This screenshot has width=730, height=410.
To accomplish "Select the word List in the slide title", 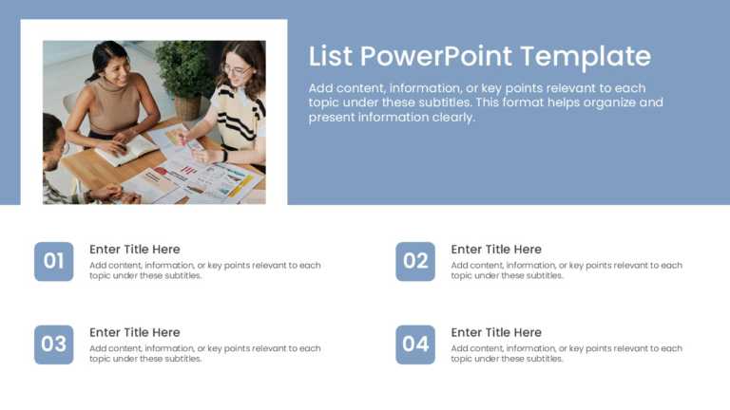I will (x=330, y=56).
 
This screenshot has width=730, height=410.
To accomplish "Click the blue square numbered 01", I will (x=54, y=261).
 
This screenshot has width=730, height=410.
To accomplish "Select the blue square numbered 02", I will (x=415, y=261).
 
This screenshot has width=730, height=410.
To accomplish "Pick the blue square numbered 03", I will (x=54, y=345).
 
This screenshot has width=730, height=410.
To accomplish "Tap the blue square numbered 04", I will (x=415, y=345).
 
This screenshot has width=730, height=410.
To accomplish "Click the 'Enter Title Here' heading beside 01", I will (x=134, y=250).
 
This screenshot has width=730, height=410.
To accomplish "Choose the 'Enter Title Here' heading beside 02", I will (x=496, y=250).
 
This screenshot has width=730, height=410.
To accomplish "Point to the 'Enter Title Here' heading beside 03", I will (x=134, y=332).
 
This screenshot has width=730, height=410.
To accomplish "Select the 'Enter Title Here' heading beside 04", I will (x=496, y=332).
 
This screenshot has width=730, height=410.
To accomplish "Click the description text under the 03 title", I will (x=204, y=353).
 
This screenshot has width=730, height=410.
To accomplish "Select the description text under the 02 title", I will (x=567, y=270).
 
